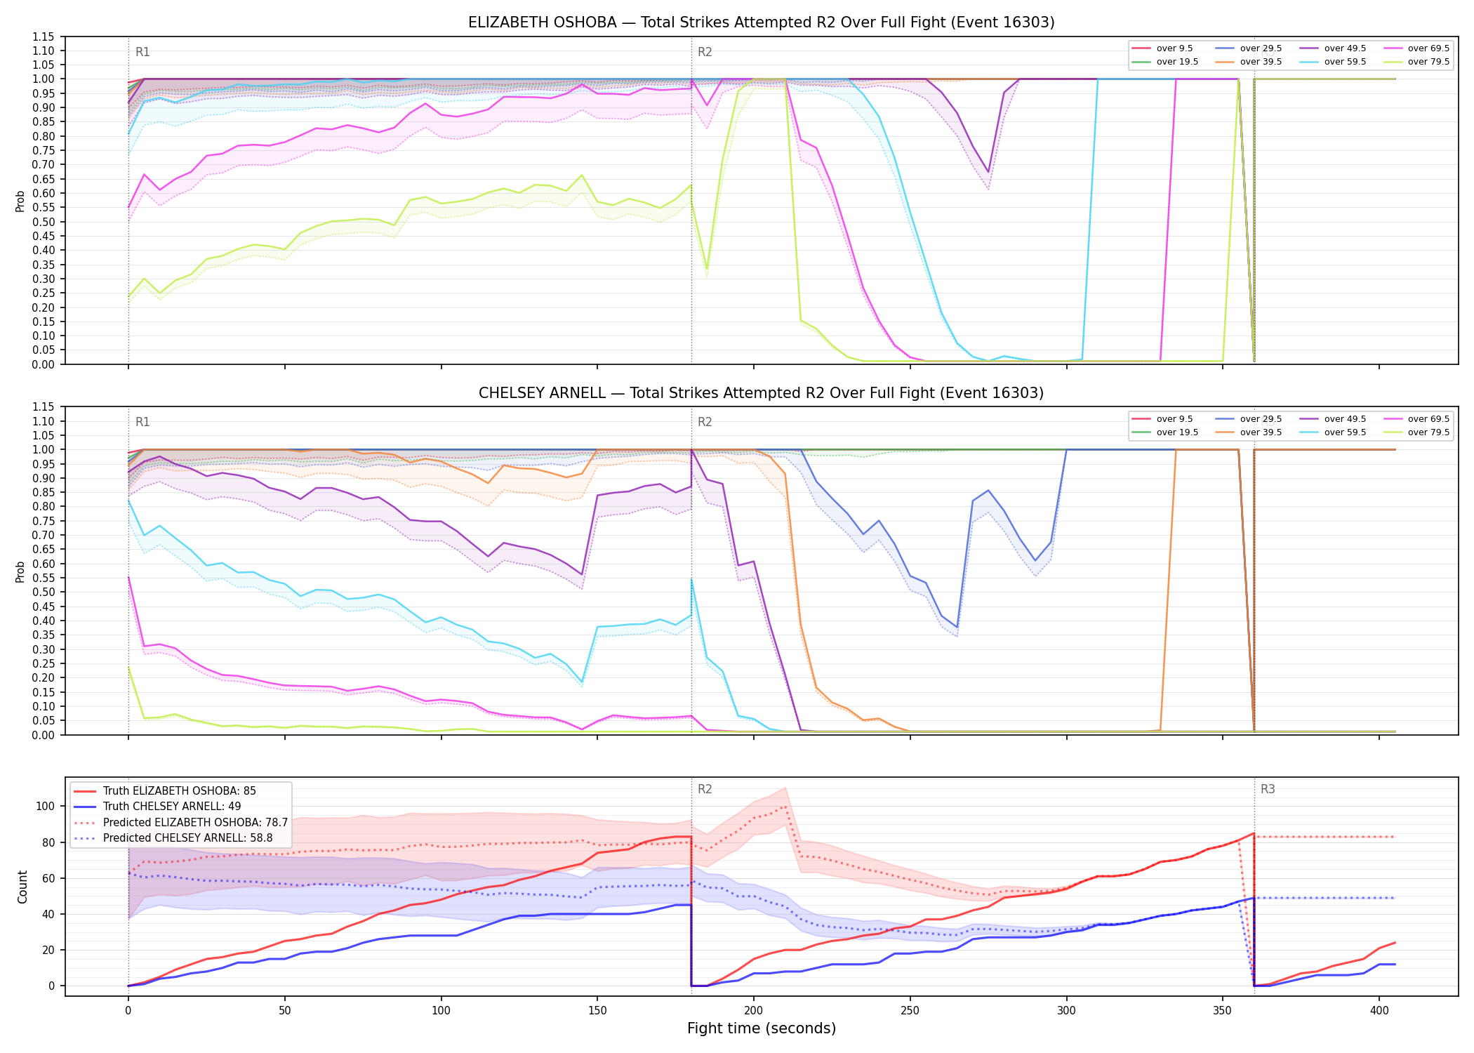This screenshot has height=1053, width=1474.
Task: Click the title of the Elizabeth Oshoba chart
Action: click(761, 22)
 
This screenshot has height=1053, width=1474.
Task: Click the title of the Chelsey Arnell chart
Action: click(761, 393)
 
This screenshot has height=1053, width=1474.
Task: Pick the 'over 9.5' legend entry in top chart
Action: click(1162, 48)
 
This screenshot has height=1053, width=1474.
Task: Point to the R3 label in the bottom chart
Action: click(1268, 789)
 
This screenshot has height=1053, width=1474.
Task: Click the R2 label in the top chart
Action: click(705, 52)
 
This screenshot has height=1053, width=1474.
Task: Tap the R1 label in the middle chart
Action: click(142, 422)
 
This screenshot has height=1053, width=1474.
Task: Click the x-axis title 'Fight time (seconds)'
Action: click(762, 1028)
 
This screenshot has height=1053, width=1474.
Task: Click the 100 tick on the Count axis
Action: click(46, 806)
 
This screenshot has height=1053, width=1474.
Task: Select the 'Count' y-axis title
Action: click(22, 887)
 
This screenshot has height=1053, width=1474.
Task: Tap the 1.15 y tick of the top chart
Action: click(44, 37)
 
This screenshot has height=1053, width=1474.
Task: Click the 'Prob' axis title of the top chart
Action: click(20, 201)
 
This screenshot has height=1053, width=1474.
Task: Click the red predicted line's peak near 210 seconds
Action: click(785, 807)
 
